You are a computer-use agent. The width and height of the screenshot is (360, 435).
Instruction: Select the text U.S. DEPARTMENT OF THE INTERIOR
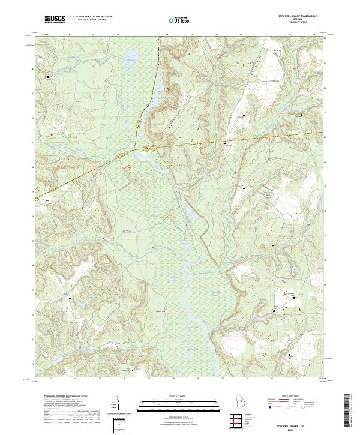[91, 16]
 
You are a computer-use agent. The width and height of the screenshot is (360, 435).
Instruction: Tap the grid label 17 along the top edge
[142, 35]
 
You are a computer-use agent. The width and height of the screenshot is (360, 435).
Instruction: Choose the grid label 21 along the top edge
[241, 35]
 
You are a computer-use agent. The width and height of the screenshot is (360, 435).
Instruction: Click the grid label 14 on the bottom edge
[76, 379]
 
